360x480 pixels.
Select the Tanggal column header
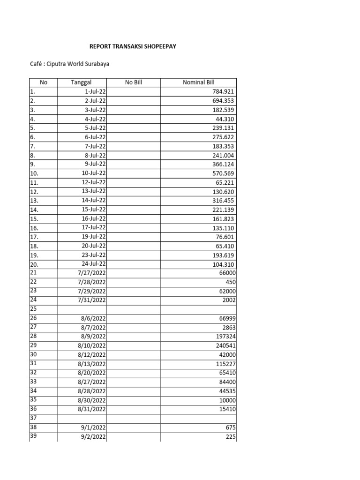pyautogui.click(x=82, y=82)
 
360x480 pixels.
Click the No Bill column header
pyautogui.click(x=133, y=82)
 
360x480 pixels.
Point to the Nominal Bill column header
pyautogui.click(x=198, y=82)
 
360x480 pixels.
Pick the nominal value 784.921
pyautogui.click(x=223, y=92)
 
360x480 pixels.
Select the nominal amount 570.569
pyautogui.click(x=223, y=173)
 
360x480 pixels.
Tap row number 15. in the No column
pyautogui.click(x=30, y=219)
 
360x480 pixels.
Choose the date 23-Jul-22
pyautogui.click(x=94, y=255)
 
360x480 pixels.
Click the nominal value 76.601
pyautogui.click(x=225, y=237)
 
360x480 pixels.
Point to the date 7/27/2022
pyautogui.click(x=93, y=273)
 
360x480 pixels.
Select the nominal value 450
pyautogui.click(x=231, y=282)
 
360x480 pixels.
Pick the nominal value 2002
pyautogui.click(x=229, y=300)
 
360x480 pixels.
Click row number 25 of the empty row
pyautogui.click(x=29, y=309)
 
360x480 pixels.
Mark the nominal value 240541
pyautogui.click(x=225, y=345)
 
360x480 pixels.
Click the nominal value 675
pyautogui.click(x=231, y=427)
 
